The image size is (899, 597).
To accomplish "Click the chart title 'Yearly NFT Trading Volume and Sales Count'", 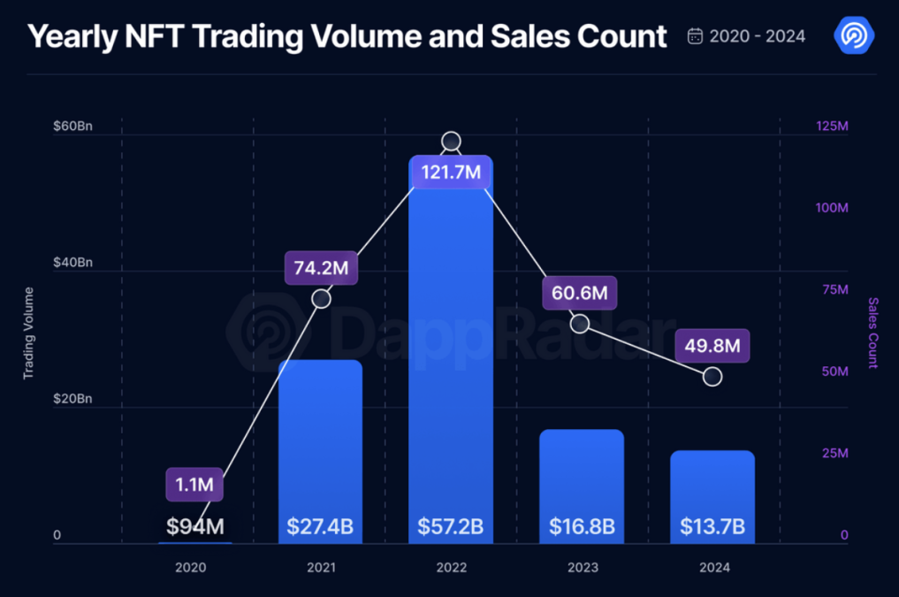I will tap(347, 36).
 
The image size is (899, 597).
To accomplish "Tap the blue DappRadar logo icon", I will tap(854, 35).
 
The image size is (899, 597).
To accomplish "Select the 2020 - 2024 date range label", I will tap(757, 36).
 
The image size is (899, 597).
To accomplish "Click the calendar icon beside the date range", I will tap(696, 36).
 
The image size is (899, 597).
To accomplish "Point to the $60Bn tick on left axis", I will tap(72, 126).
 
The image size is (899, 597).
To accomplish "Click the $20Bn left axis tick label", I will tap(72, 399).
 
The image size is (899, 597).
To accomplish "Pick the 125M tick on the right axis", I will tap(831, 126).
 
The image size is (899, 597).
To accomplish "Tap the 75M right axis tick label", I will tap(832, 290).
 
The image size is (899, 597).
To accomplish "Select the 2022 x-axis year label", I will tap(452, 567).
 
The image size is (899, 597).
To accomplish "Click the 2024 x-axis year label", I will tap(713, 567).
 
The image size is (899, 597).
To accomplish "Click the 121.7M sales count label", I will tap(451, 172).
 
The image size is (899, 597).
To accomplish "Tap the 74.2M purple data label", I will tap(321, 268).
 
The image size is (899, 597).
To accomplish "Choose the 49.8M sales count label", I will tap(712, 346).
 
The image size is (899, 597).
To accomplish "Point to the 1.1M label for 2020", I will tap(194, 485).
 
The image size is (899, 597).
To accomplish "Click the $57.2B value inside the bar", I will tap(451, 527).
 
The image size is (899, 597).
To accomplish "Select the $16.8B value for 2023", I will tap(582, 527).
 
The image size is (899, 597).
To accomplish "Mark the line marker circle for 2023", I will tap(580, 324).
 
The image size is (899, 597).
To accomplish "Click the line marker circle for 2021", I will tap(322, 299).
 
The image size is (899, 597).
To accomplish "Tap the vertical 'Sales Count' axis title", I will tap(872, 333).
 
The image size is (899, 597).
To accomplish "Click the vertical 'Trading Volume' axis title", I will tap(28, 333).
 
